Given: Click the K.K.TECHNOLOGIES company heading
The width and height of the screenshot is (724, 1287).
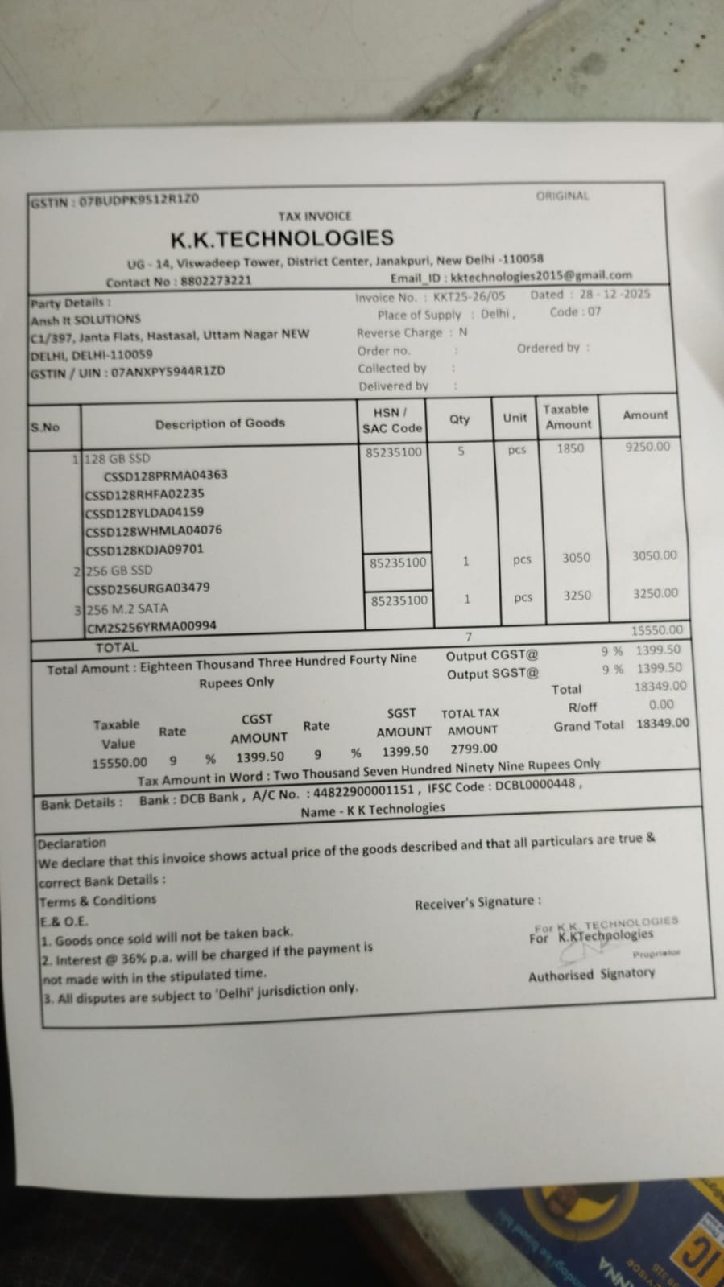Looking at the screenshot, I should tap(281, 238).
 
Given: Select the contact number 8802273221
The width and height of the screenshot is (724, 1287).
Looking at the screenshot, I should tap(216, 281).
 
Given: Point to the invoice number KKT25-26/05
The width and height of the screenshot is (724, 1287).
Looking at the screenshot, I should tap(469, 296).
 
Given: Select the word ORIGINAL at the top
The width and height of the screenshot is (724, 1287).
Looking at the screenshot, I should tap(562, 196).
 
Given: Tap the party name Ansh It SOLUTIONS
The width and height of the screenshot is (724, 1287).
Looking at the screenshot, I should tap(85, 319).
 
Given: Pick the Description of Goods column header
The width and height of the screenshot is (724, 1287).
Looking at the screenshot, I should tap(220, 423).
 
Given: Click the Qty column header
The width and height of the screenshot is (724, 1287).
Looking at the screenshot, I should tap(460, 419).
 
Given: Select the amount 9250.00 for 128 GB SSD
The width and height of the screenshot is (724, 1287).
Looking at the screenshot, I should tap(647, 446).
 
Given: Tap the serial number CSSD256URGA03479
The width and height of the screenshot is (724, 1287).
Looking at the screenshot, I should tap(147, 588).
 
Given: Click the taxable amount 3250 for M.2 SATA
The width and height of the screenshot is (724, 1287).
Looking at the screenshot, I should tap(577, 596).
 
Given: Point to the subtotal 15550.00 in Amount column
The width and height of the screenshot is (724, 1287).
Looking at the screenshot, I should tap(656, 630).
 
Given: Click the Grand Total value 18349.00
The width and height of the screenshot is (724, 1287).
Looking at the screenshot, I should tap(663, 723).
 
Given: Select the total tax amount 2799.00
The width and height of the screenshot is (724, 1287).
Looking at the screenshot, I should tap(474, 749).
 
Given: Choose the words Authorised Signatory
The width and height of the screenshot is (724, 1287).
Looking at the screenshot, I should tap(591, 975).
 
